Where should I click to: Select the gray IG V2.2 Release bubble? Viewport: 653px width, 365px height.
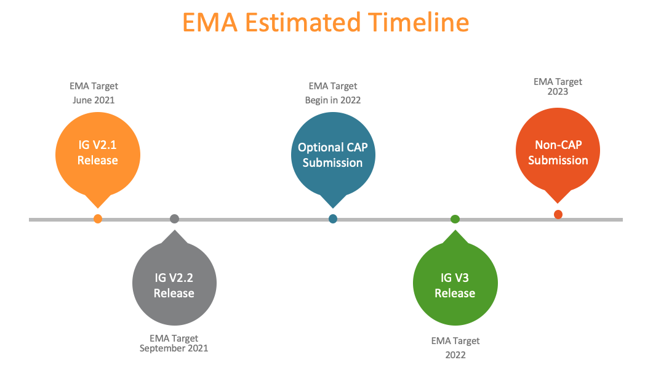174,284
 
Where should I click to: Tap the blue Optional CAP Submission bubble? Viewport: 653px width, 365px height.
333,155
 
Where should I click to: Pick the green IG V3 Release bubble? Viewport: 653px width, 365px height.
455,284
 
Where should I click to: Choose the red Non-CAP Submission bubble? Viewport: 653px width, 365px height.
558,152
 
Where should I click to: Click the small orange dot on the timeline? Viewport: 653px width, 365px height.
97,219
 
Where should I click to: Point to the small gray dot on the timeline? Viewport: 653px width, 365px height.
174,219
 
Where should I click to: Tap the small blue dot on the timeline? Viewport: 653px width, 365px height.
333,219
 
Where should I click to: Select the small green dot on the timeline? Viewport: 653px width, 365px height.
455,219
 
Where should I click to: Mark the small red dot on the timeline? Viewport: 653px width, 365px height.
558,214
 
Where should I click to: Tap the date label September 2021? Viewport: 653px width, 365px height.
174,348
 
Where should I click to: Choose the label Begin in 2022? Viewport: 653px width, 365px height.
333,100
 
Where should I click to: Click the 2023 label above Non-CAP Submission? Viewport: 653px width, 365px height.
558,92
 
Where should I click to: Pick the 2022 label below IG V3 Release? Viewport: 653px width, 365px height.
455,355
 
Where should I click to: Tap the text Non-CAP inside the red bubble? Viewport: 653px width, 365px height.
558,145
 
